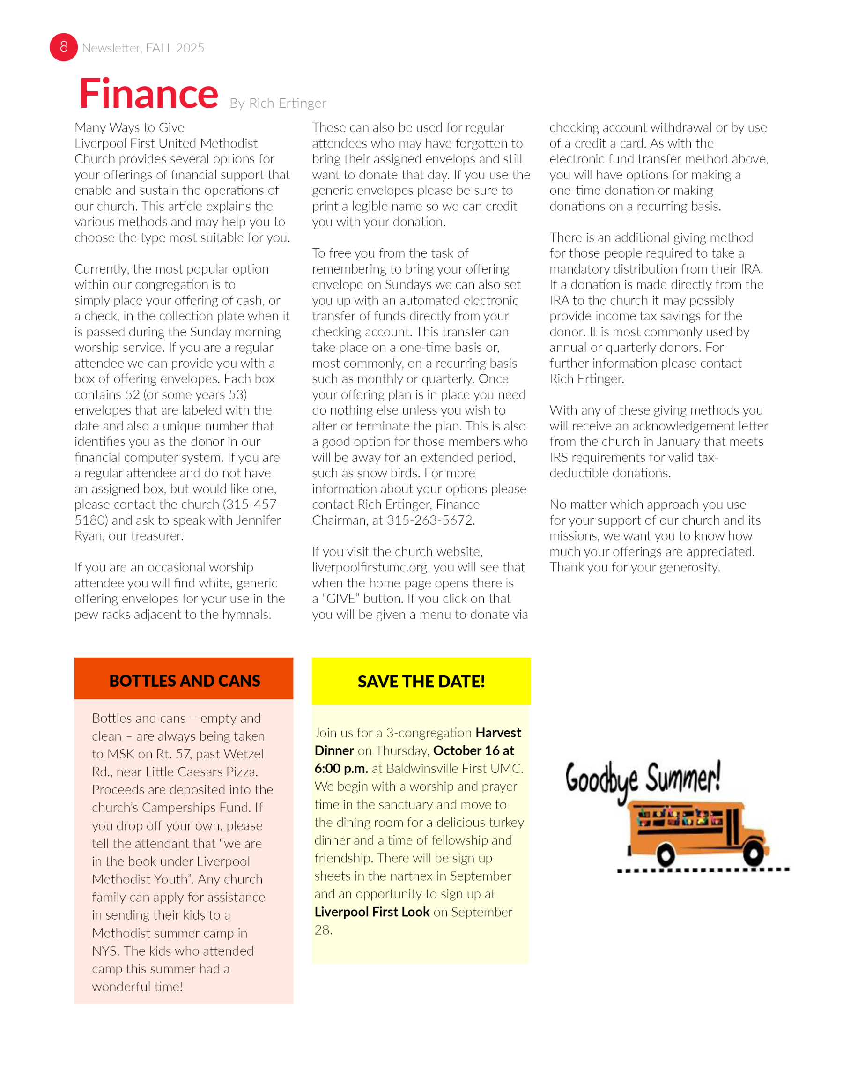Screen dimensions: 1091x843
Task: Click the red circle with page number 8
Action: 63,47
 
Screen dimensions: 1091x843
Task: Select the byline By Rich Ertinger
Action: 278,103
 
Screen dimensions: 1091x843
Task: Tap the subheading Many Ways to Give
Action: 129,127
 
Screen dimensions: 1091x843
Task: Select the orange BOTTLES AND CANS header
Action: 184,680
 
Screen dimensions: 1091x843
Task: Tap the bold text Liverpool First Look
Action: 371,912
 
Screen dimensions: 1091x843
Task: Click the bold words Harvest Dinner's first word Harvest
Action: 498,732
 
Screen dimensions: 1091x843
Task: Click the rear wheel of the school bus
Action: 665,856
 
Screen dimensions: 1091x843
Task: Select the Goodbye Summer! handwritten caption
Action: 643,779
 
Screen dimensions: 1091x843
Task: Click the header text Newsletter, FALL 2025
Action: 143,48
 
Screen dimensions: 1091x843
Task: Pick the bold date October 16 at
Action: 473,750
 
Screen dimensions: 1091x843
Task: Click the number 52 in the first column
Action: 133,394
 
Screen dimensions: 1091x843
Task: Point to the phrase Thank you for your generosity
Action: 634,567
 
